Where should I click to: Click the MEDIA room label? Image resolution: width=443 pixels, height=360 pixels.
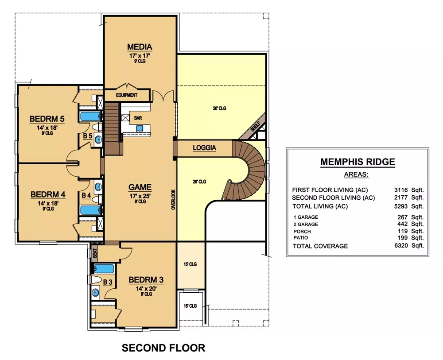[x=140, y=46]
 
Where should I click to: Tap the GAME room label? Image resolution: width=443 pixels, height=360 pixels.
[x=140, y=187]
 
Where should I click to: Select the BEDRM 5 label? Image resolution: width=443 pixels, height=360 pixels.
[x=47, y=119]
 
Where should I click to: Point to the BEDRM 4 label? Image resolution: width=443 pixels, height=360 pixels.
[x=48, y=194]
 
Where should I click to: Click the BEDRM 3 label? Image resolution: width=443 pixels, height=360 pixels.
[x=146, y=280]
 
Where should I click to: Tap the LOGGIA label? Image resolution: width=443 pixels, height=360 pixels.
[x=205, y=147]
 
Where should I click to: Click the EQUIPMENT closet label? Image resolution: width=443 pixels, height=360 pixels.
[x=127, y=95]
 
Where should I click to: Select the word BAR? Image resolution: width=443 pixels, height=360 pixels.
[x=138, y=118]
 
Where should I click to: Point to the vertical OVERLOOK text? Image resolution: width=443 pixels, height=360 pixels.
[x=174, y=199]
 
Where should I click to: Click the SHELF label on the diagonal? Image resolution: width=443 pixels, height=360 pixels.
[x=255, y=126]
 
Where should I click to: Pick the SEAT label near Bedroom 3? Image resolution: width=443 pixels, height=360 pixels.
[x=95, y=252]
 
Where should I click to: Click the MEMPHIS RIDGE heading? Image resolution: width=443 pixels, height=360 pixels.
[x=358, y=162]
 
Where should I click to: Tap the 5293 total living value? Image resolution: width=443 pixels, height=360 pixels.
[x=401, y=206]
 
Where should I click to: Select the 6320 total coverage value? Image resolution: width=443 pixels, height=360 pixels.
[x=401, y=246]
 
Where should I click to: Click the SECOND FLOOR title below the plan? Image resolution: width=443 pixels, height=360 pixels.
[x=163, y=348]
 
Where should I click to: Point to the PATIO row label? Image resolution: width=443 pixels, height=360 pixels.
[x=301, y=238]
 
